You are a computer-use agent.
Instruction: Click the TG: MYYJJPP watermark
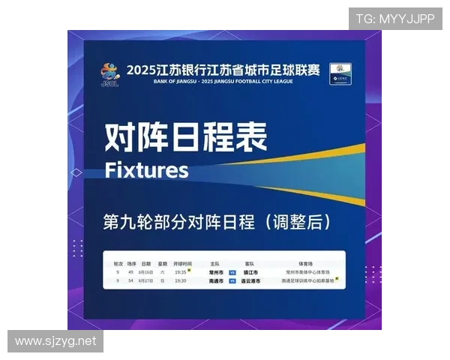point(394,18)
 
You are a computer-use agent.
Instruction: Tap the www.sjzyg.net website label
point(56,341)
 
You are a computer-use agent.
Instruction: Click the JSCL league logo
point(109,74)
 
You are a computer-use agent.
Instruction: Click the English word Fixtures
point(146,169)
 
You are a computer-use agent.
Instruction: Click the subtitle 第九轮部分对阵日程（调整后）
point(217,222)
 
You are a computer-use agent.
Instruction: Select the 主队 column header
point(215,264)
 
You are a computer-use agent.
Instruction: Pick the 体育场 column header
point(305,264)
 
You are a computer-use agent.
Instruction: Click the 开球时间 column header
point(182,264)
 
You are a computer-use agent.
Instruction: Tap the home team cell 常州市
point(216,272)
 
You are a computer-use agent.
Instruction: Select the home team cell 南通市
point(216,280)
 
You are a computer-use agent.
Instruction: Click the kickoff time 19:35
point(181,272)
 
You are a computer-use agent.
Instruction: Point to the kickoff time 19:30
point(181,280)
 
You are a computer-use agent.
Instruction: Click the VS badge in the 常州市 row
point(232,272)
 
